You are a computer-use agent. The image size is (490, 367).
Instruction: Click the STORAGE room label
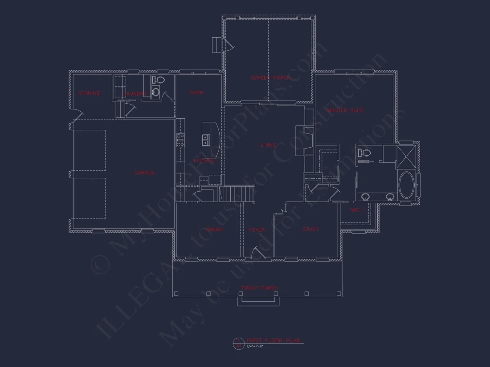[90, 93]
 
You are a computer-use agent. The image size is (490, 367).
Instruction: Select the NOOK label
[197, 93]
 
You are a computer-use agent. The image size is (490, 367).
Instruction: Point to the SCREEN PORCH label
[270, 78]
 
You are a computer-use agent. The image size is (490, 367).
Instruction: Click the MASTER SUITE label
[345, 110]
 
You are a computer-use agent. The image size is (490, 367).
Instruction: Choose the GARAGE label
[145, 173]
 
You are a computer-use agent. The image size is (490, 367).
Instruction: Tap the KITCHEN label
[204, 161]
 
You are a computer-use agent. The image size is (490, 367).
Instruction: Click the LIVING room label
[268, 145]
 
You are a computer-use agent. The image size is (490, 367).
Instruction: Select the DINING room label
[214, 230]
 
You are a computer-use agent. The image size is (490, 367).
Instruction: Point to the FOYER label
[257, 230]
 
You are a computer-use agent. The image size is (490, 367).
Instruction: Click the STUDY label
[310, 229]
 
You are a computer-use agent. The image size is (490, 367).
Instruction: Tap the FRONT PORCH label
[260, 288]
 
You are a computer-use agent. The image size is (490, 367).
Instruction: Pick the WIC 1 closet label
[358, 210]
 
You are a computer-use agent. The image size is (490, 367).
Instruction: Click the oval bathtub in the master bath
[406, 185]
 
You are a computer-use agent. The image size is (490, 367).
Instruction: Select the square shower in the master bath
[406, 156]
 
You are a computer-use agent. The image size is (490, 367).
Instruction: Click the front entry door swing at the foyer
[256, 254]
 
